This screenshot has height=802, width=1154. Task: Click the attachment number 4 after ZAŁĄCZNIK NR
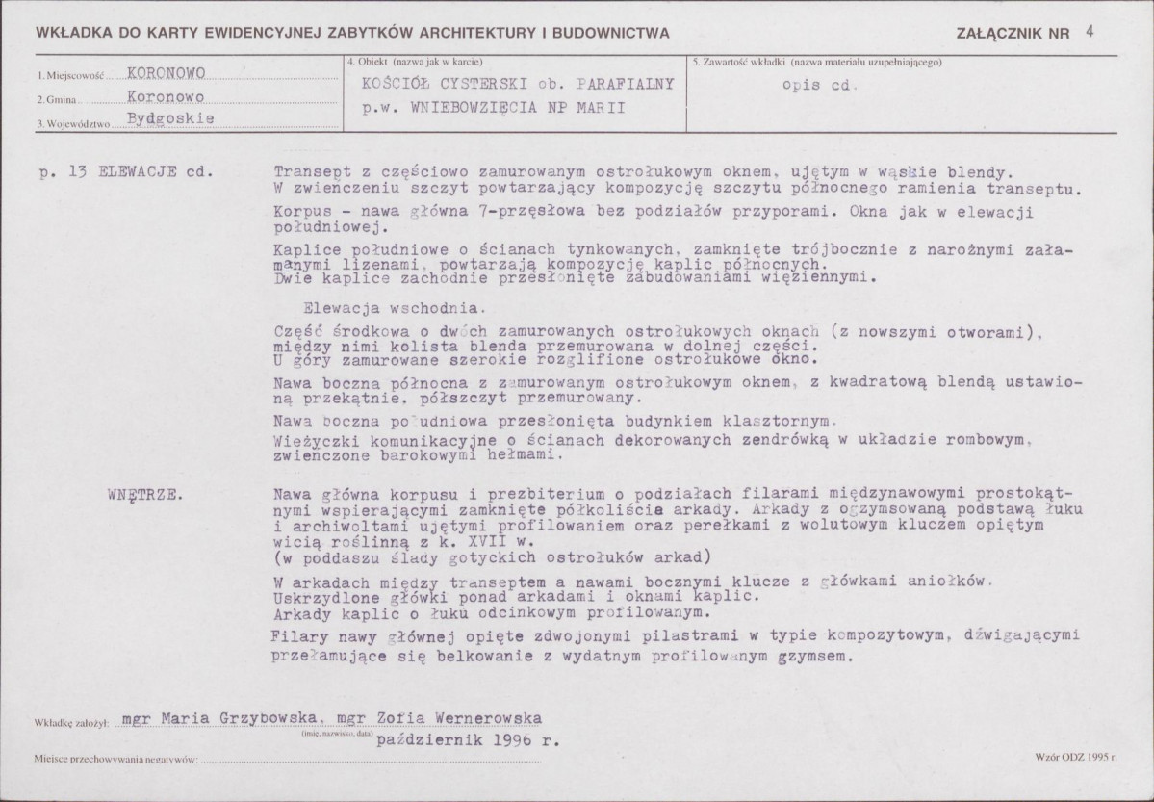(x=1088, y=30)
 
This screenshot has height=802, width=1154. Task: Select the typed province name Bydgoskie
(x=170, y=119)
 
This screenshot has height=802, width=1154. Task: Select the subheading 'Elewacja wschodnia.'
(x=394, y=309)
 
